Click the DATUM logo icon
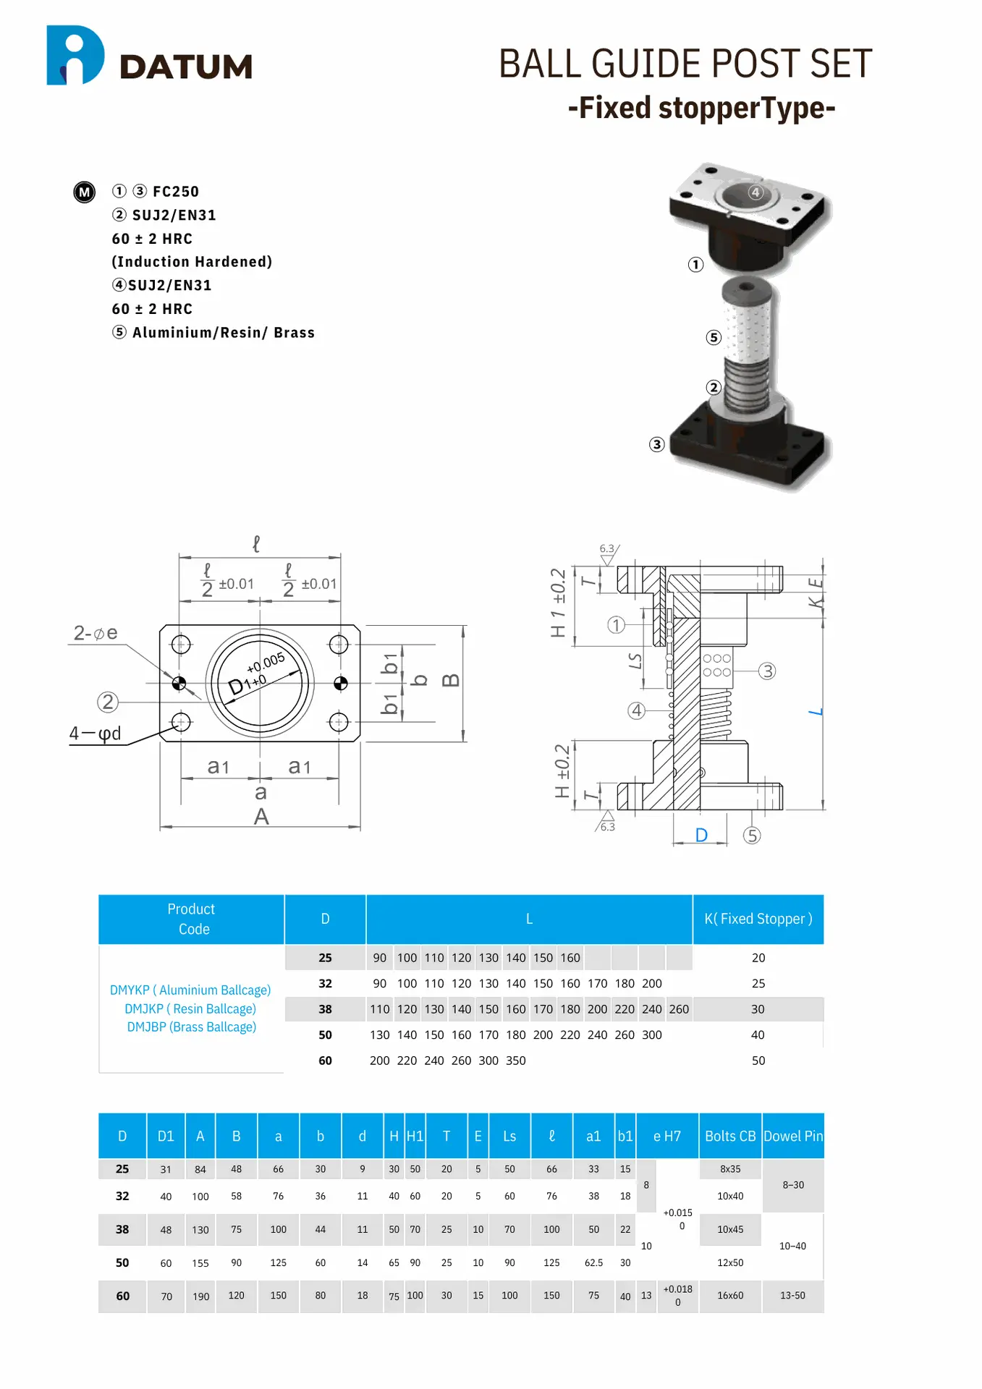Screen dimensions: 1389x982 coord(75,56)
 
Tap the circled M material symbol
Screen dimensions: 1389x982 coord(85,192)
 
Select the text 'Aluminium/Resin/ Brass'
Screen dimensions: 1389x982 coord(223,333)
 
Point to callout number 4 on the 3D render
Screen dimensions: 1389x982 coord(755,192)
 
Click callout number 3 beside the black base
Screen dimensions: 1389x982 coord(656,444)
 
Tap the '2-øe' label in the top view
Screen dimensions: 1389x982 coord(95,633)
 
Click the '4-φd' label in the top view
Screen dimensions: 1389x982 coord(95,734)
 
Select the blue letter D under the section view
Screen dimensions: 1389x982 coord(701,836)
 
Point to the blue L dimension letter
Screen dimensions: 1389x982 coord(816,713)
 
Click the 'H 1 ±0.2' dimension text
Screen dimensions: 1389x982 coord(558,603)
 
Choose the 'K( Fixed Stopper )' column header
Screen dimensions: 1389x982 coord(758,919)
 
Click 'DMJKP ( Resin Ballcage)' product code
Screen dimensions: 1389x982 coord(190,1008)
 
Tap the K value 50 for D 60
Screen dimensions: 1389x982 coord(758,1061)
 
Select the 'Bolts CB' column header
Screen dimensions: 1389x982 coord(729,1137)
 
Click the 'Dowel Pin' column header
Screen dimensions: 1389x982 coord(793,1137)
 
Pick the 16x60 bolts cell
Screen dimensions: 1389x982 coord(729,1296)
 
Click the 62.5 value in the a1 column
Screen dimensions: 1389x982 coord(593,1263)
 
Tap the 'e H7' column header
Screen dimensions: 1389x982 coord(666,1137)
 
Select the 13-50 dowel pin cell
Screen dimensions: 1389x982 coord(792,1296)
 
